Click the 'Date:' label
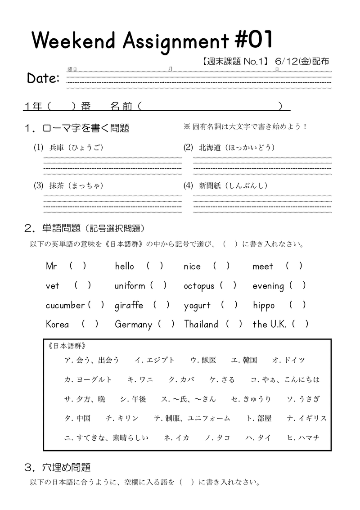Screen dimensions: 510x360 [43, 78]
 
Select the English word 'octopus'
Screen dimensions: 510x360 [199, 286]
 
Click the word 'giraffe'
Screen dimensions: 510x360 [129, 305]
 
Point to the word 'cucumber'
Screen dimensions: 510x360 [65, 305]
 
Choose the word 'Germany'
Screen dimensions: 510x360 [133, 325]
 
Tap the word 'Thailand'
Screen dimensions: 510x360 [201, 325]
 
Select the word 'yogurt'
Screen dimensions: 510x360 [197, 306]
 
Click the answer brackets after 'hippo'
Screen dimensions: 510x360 [298, 305]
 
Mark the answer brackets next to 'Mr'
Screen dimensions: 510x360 [78, 266]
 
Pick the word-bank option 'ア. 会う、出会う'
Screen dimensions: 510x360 [92, 360]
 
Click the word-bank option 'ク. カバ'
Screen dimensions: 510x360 [181, 379]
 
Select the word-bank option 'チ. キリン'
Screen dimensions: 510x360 [122, 418]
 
